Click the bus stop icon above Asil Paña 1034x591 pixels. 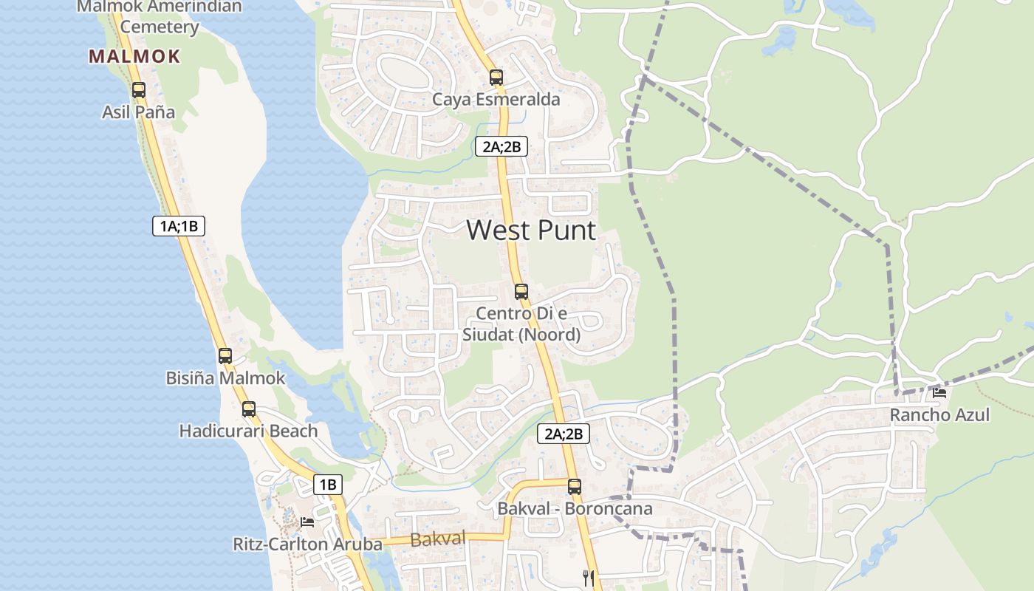[138, 90]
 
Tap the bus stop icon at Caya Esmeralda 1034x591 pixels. [496, 77]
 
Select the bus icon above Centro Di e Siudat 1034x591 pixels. [521, 291]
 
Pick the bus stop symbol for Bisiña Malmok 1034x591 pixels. [225, 355]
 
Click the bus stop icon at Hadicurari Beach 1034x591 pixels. [249, 409]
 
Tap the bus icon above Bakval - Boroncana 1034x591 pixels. [575, 486]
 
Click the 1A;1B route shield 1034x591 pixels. [179, 226]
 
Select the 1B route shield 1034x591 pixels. [328, 485]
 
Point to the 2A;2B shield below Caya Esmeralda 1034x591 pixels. [501, 146]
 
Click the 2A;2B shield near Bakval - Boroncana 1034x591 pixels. [564, 434]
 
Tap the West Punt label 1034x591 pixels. [530, 230]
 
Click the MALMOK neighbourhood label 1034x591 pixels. [134, 56]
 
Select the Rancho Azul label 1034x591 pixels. [939, 414]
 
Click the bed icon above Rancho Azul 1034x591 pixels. [939, 393]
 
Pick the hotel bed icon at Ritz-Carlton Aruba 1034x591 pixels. [307, 522]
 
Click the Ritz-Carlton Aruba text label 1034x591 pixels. [307, 544]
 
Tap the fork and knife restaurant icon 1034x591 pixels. [589, 578]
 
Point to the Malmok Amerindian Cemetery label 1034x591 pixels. [159, 17]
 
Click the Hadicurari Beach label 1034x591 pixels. [248, 431]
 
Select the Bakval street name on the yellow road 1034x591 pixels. [437, 539]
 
